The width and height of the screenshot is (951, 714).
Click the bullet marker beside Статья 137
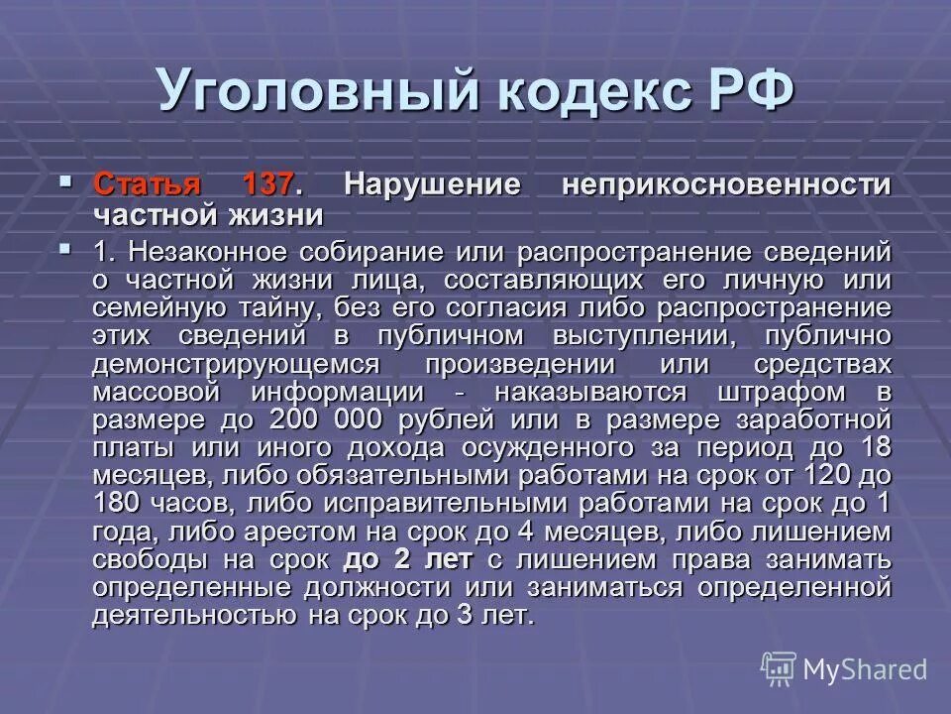[66, 182]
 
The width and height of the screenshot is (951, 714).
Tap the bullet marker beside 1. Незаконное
[66, 248]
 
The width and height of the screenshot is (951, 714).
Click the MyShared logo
[844, 668]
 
